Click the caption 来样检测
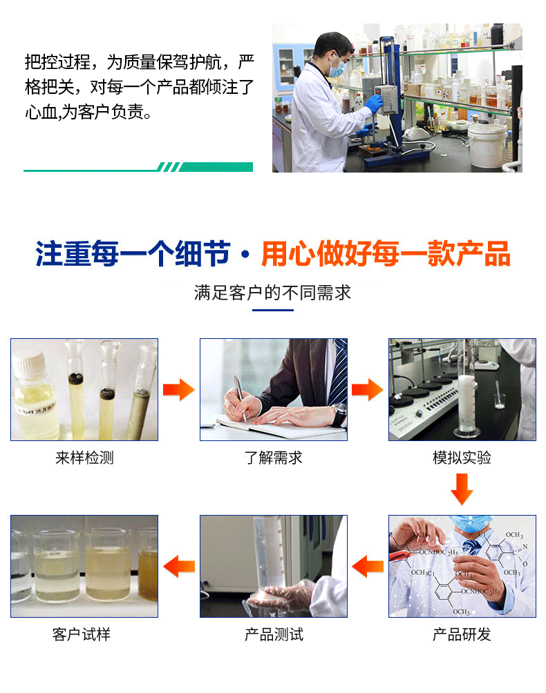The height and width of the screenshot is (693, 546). [x=84, y=458]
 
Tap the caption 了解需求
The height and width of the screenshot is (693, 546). [x=274, y=458]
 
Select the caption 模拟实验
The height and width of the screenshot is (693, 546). [x=462, y=458]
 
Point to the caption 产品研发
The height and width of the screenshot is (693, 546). [x=462, y=634]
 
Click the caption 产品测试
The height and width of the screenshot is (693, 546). [x=274, y=634]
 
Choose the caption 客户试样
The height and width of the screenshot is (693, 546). [x=82, y=634]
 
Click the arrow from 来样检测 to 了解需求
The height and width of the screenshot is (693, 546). [x=179, y=389]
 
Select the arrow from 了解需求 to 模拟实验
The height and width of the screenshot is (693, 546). [x=367, y=389]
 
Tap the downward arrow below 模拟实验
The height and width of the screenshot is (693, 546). [x=462, y=489]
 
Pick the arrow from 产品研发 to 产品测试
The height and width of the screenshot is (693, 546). [x=368, y=566]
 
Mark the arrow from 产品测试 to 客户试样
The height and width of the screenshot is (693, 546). [x=179, y=566]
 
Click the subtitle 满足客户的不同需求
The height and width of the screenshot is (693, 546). [x=272, y=293]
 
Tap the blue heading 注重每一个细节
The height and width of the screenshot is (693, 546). [x=133, y=254]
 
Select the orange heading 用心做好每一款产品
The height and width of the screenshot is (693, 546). [x=386, y=254]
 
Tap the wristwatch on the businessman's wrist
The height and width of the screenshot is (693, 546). [x=339, y=415]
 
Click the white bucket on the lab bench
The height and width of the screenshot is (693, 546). [x=487, y=145]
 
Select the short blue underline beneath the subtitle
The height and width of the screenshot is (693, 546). [x=272, y=310]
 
